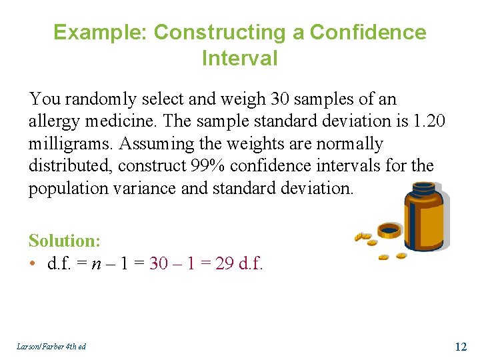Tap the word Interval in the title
(x=239, y=58)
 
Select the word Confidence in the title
(x=368, y=33)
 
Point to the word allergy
(x=53, y=121)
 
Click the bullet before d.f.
(x=33, y=263)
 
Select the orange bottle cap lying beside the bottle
(x=389, y=231)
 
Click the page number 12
(x=460, y=346)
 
